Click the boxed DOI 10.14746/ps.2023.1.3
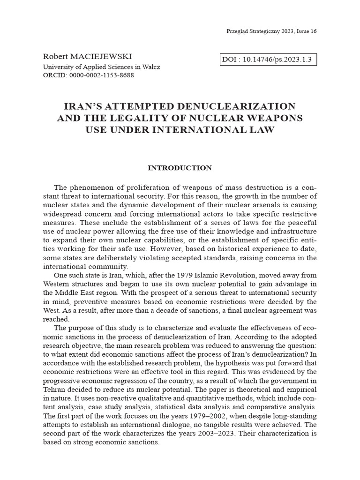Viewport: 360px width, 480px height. [268, 59]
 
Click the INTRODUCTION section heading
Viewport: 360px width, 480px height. [180, 168]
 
